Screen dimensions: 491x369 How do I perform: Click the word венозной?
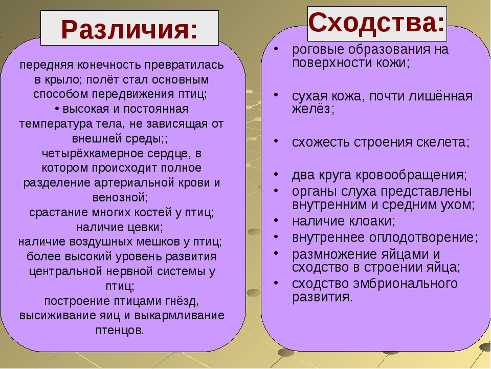click(x=120, y=197)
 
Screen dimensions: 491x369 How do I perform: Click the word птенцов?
click(x=120, y=331)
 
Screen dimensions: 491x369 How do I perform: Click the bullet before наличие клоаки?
click(x=276, y=220)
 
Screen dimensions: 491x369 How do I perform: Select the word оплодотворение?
click(x=423, y=238)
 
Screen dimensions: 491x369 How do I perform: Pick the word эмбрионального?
click(x=406, y=283)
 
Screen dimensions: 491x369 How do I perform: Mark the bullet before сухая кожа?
click(x=276, y=95)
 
